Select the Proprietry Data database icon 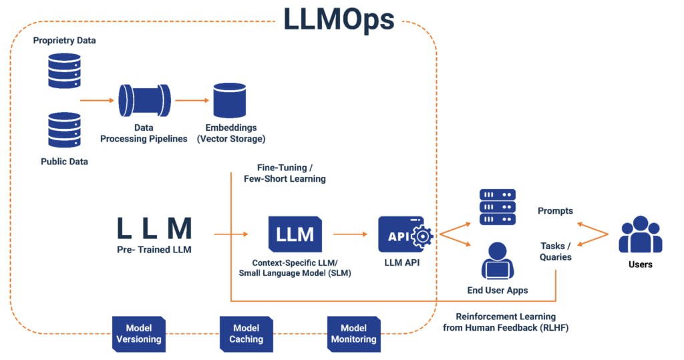pyautogui.click(x=64, y=70)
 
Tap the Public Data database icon pyautogui.click(x=64, y=130)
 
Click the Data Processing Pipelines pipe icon pyautogui.click(x=144, y=100)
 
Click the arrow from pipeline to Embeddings pyautogui.click(x=192, y=101)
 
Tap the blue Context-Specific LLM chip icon pyautogui.click(x=295, y=234)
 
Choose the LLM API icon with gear pyautogui.click(x=405, y=234)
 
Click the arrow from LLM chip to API pyautogui.click(x=350, y=234)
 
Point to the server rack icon pyautogui.click(x=498, y=207)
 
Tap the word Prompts pyautogui.click(x=555, y=211)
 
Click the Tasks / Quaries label pyautogui.click(x=556, y=251)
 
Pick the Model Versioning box pyautogui.click(x=139, y=333)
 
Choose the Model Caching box pyautogui.click(x=246, y=333)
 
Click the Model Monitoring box pyautogui.click(x=354, y=333)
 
